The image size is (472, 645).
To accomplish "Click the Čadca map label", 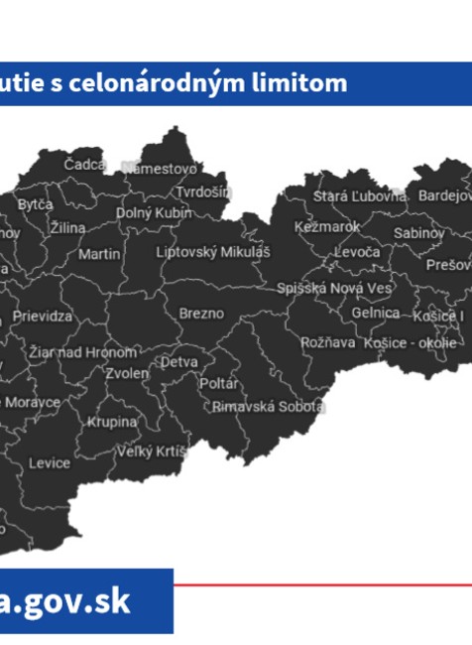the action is click(85, 164).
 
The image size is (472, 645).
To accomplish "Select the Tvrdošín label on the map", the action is click(203, 192).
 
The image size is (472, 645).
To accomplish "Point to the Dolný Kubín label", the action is click(154, 212).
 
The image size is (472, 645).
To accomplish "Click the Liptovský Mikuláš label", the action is click(213, 252).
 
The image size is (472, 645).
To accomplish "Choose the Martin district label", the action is click(99, 254).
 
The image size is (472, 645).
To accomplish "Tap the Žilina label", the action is click(67, 228).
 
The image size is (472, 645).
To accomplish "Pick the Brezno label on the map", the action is click(201, 314).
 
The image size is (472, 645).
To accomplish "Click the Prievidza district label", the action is click(43, 317).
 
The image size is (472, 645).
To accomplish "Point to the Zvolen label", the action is click(127, 374).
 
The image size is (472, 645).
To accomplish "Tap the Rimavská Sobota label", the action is click(268, 407).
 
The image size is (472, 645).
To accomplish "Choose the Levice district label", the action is click(50, 463).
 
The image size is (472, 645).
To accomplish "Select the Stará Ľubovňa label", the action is click(359, 196).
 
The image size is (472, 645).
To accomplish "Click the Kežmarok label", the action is click(327, 227).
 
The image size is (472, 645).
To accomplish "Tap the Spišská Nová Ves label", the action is click(334, 288).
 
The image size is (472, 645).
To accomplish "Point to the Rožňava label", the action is click(327, 342).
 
